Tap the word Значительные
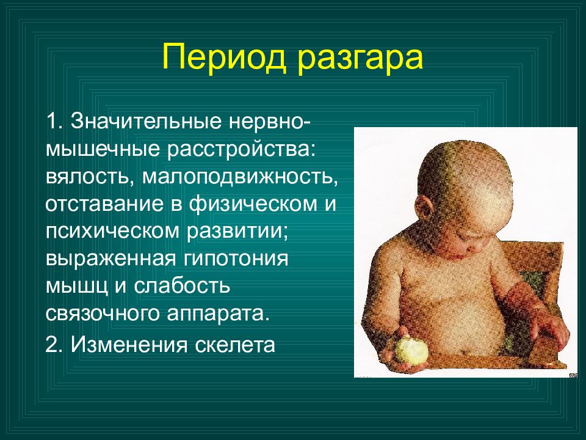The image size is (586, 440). pyautogui.click(x=146, y=121)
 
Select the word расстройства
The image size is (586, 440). pyautogui.click(x=239, y=149)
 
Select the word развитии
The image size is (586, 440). pyautogui.click(x=237, y=232)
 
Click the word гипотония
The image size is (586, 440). pyautogui.click(x=236, y=259)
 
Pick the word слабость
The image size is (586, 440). pyautogui.click(x=182, y=286)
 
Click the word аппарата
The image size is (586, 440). pyautogui.click(x=219, y=314)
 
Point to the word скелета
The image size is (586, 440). pyautogui.click(x=235, y=345)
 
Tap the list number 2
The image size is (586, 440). pyautogui.click(x=53, y=345)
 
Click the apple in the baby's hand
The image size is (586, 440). pyautogui.click(x=411, y=350)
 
